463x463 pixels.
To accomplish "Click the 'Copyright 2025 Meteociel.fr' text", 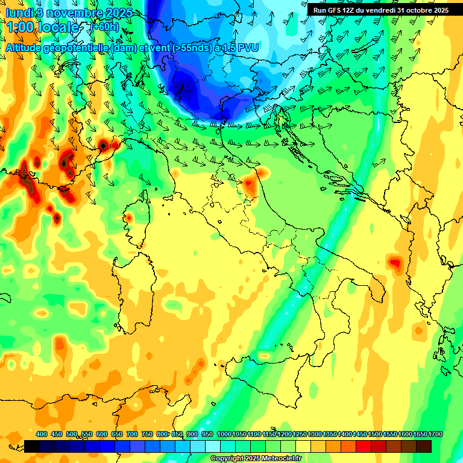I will (x=256, y=458).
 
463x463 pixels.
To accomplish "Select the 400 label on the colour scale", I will (x=42, y=435).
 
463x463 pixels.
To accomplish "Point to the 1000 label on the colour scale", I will (x=224, y=435).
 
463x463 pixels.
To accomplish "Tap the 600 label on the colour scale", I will (x=102, y=435).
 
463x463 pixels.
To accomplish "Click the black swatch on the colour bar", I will (x=32, y=446).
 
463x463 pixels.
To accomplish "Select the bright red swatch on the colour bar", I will (x=364, y=446).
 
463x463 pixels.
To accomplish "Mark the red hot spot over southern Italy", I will (x=395, y=262).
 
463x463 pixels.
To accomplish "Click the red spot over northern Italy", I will (x=248, y=183).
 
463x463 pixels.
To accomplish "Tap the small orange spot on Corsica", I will (x=128, y=218).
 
